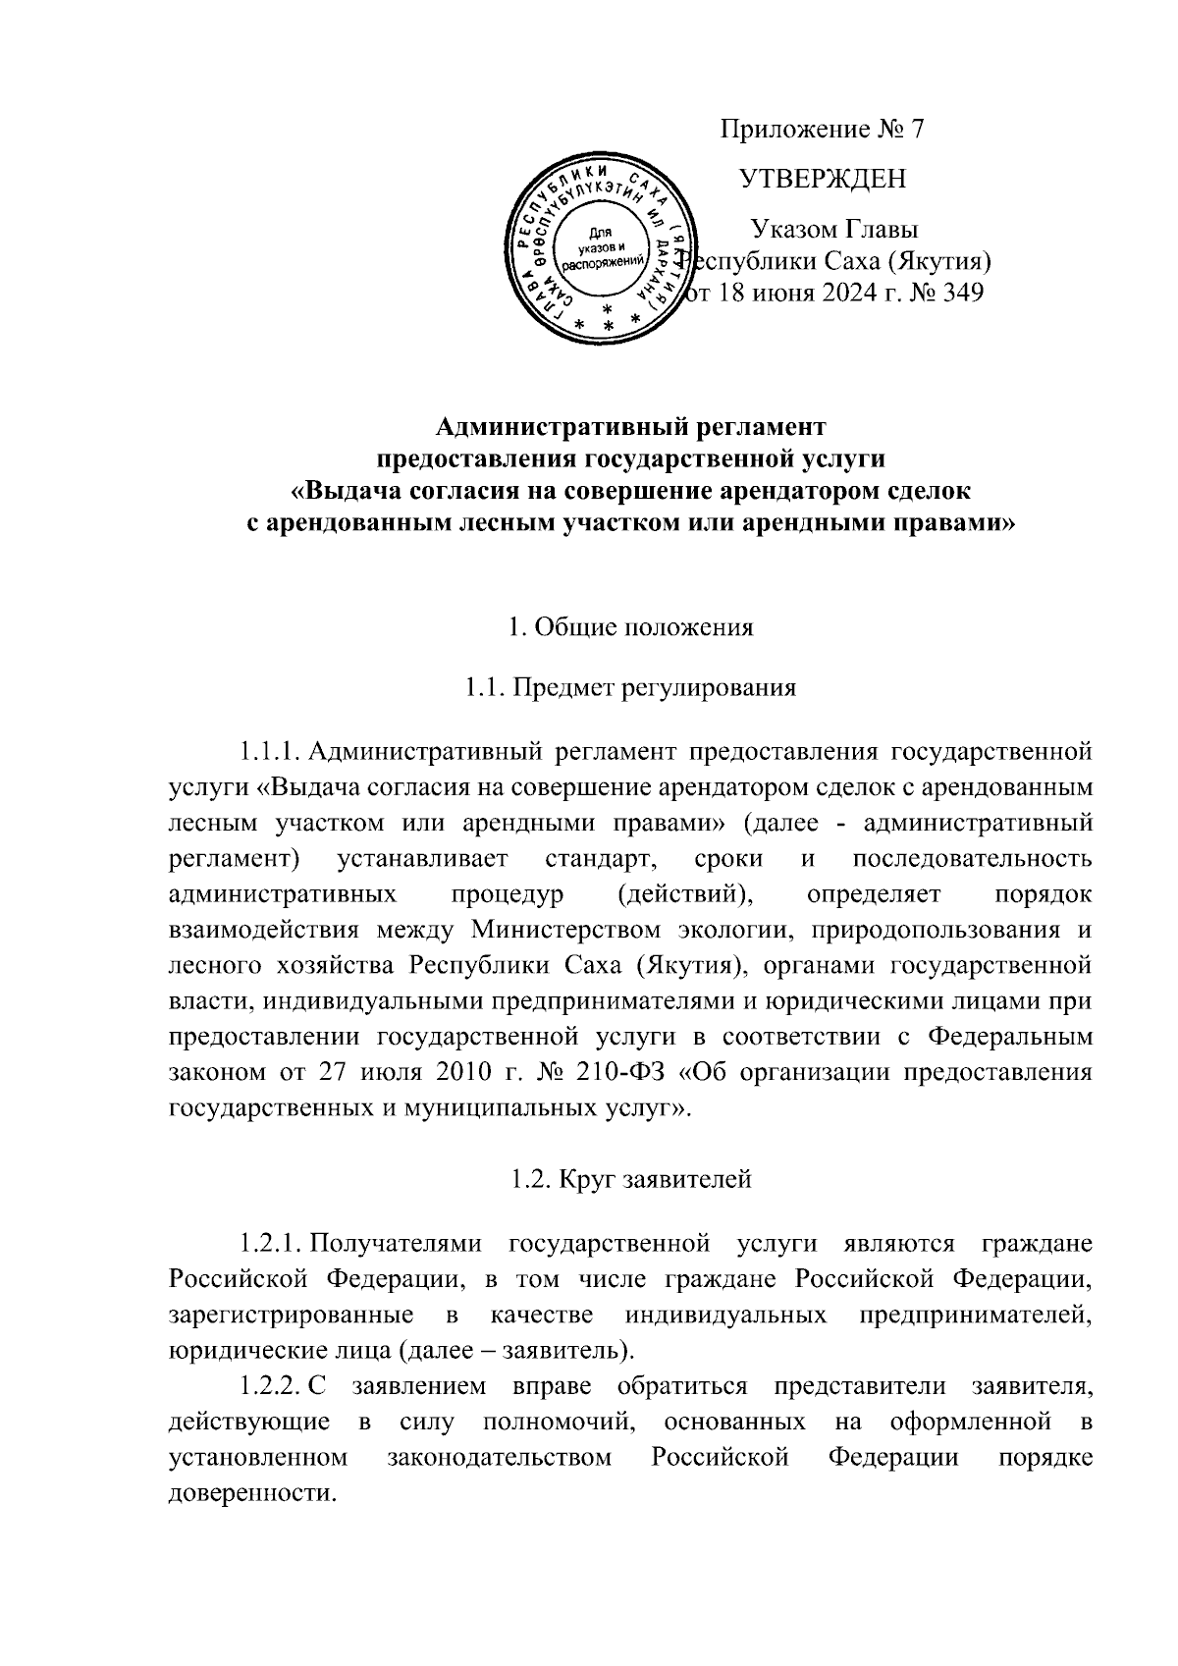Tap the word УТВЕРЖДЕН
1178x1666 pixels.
click(x=823, y=179)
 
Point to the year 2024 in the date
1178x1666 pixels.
click(x=840, y=293)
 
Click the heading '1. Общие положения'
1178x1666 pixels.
click(x=630, y=626)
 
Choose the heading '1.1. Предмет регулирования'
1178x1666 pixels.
click(x=630, y=687)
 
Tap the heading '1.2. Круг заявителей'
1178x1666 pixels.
click(x=630, y=1179)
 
